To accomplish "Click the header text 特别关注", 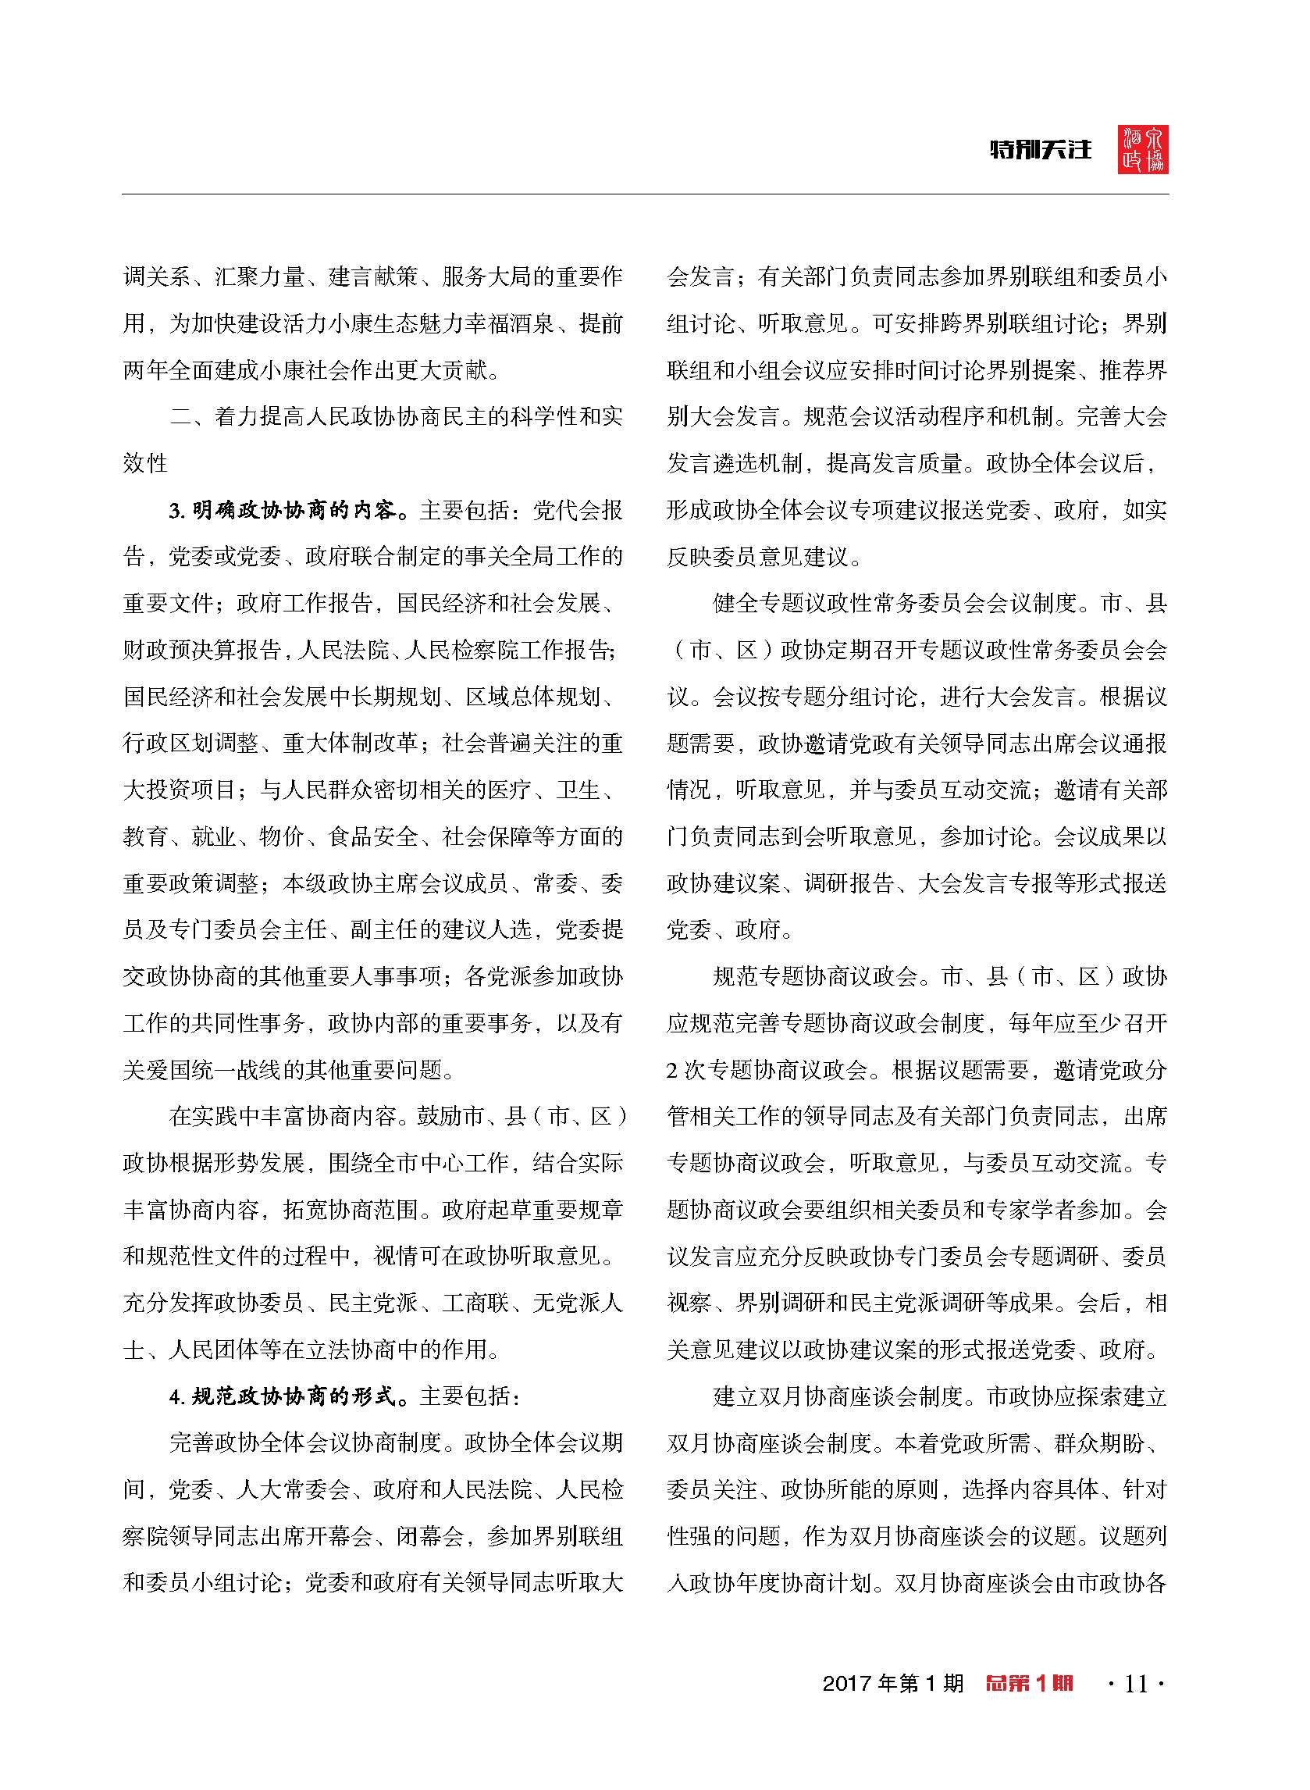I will [x=1041, y=149].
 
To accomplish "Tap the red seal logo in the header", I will [x=1143, y=149].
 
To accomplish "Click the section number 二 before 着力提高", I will [x=181, y=417].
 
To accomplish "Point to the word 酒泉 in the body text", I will [x=534, y=323].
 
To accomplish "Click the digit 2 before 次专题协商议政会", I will [x=671, y=1071].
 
